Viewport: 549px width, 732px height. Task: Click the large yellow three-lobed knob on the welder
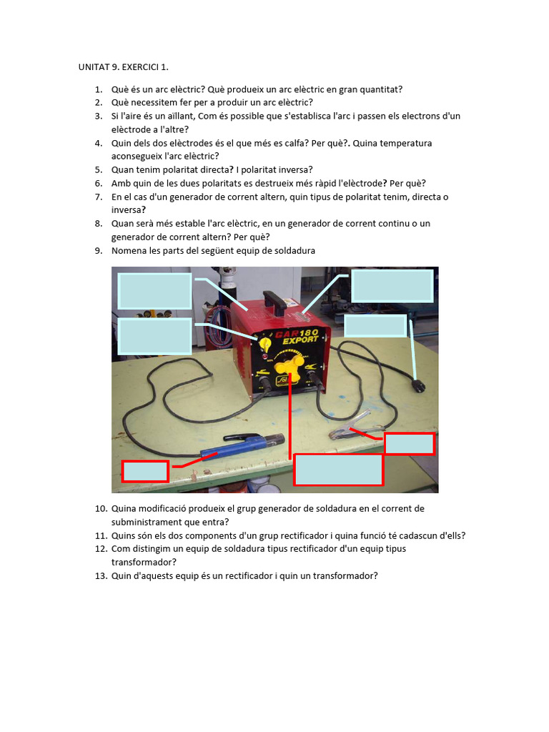point(290,370)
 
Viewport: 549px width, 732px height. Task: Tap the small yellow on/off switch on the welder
point(263,345)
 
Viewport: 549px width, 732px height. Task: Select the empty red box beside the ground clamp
point(409,444)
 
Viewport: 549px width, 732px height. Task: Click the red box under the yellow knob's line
point(338,470)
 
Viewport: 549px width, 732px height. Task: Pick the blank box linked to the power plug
point(375,325)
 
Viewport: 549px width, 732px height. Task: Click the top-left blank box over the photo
point(154,291)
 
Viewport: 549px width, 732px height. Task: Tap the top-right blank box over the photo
point(392,286)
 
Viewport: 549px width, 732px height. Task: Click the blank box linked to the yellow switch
point(154,336)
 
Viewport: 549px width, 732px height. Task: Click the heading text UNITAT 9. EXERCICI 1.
point(124,67)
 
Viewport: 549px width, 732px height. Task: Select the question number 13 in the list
point(100,575)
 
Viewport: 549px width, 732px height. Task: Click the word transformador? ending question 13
point(345,575)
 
